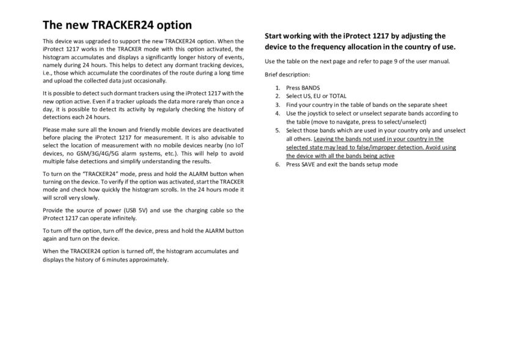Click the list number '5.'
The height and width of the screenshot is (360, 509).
tap(277, 130)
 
